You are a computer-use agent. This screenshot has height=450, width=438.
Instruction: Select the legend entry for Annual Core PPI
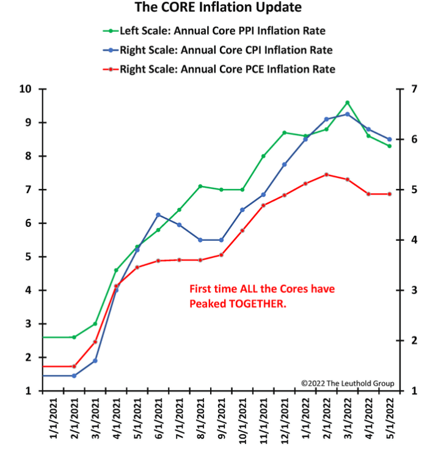tap(222, 30)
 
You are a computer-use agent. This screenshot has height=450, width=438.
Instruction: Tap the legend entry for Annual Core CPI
tap(226, 50)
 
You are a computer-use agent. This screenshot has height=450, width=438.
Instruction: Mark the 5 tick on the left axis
tap(27, 257)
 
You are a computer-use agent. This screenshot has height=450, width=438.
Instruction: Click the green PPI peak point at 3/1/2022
tap(347, 103)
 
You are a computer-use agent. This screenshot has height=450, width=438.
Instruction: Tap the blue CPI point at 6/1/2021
tap(158, 215)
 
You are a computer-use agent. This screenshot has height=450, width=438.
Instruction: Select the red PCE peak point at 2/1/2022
tap(327, 174)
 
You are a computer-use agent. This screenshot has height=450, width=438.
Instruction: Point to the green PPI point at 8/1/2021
tap(200, 186)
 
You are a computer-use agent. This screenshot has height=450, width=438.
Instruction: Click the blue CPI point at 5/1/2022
tap(389, 139)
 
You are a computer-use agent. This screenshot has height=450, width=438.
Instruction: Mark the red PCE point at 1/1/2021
tap(53, 366)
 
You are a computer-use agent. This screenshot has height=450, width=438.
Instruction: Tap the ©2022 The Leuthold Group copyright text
tap(347, 383)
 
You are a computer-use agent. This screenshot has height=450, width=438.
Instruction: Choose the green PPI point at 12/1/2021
tap(285, 133)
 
